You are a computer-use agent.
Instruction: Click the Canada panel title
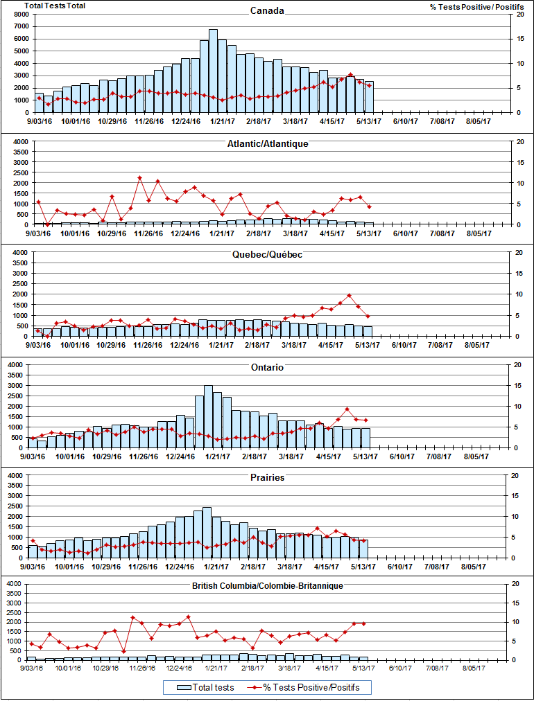point(267,11)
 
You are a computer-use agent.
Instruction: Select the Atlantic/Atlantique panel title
point(267,143)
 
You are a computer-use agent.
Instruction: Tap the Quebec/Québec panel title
point(267,255)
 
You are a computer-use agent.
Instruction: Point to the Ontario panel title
point(267,367)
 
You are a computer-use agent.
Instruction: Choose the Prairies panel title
point(267,478)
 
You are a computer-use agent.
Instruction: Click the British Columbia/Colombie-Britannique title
point(267,586)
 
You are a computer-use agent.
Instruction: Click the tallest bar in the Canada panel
point(213,69)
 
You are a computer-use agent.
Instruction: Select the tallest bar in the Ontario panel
point(208,416)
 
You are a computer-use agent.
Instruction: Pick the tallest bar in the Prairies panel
point(207,532)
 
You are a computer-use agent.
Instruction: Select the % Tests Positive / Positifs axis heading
point(476,6)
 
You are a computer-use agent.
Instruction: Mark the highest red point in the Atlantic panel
point(139,178)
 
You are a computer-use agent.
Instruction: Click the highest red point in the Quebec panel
point(350,296)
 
